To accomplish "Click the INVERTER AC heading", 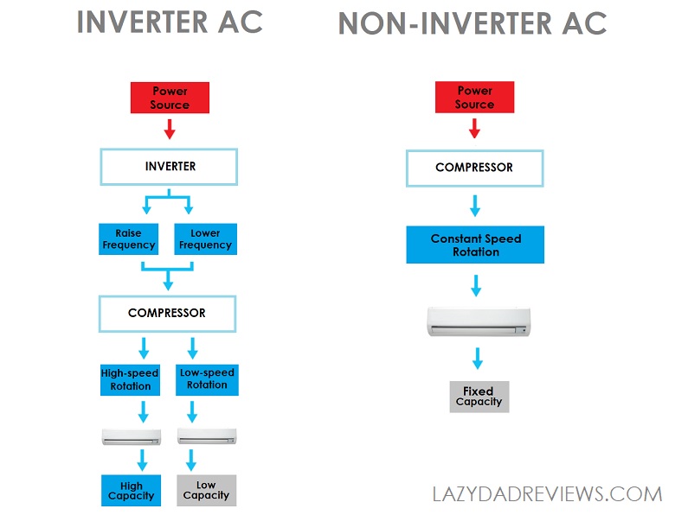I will tap(170, 22).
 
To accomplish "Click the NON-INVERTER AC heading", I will tap(472, 23).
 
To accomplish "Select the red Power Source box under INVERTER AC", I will tap(170, 98).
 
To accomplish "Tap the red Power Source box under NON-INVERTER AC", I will tap(474, 98).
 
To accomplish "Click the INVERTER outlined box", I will tap(169, 167).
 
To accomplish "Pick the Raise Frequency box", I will tap(129, 239).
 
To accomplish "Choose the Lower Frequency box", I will tap(205, 239).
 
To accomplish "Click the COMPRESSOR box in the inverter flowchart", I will tap(167, 313).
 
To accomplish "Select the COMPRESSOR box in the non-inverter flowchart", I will tap(474, 168).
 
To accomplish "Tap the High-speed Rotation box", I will tap(131, 379).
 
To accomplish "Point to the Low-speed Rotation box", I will tap(207, 379).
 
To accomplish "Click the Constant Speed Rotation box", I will tap(476, 245).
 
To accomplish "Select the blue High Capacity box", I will tap(131, 490).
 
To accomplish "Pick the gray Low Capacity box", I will tap(206, 490).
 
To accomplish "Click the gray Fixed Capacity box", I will tap(479, 397).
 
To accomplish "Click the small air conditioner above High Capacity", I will tap(131, 436).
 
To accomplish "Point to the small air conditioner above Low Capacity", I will tap(206, 436).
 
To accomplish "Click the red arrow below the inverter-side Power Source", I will tap(170, 129).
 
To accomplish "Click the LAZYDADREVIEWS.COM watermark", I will tap(547, 494).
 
